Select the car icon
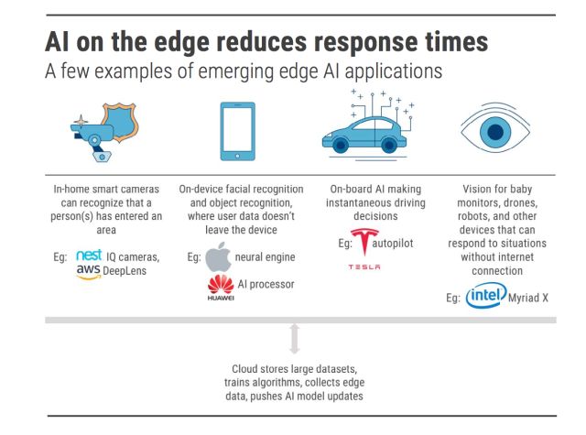366,130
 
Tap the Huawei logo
220,287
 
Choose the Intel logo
485,296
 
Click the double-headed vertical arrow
293,338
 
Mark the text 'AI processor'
266,285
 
